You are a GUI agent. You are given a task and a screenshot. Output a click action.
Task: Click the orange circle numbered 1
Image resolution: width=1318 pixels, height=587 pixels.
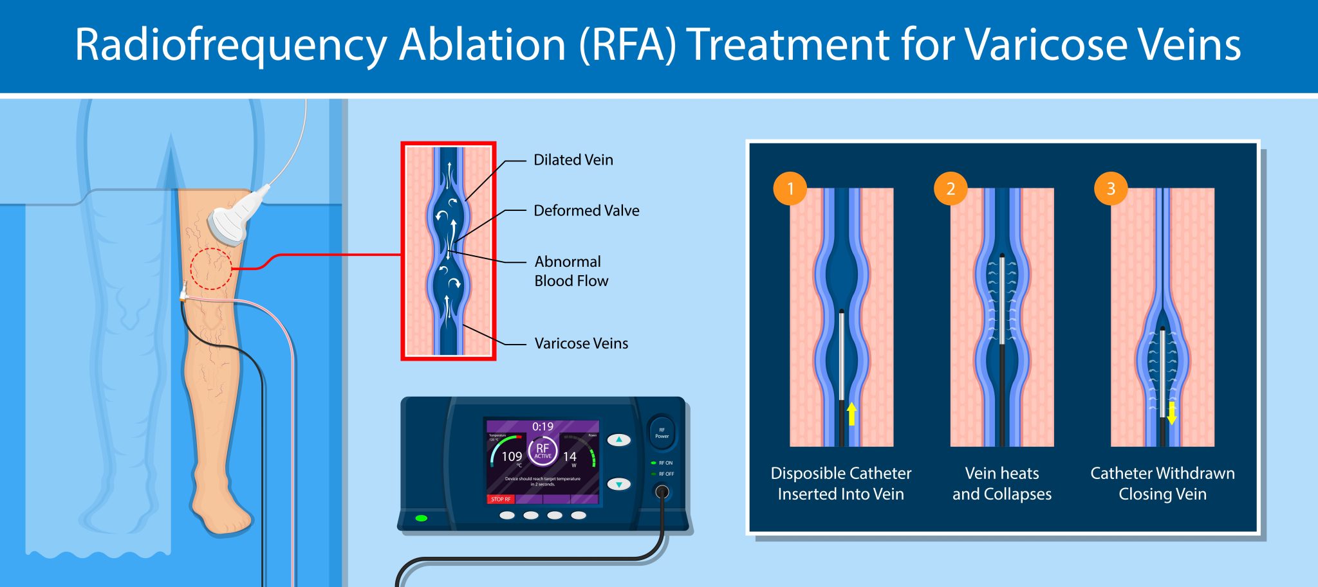(790, 188)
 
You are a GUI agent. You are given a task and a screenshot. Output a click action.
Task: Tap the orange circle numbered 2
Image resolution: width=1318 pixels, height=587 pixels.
(951, 188)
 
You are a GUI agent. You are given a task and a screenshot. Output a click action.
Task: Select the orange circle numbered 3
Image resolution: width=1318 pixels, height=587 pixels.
(1111, 188)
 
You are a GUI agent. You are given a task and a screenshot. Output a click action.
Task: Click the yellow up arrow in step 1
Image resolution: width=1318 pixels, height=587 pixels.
(851, 414)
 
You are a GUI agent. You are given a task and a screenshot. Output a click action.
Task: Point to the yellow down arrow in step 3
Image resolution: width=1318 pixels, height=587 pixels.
(1171, 413)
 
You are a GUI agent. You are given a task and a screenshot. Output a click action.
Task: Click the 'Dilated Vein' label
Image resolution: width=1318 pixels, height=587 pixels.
(573, 159)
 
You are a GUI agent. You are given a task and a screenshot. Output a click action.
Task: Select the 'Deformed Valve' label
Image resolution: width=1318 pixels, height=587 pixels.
(586, 210)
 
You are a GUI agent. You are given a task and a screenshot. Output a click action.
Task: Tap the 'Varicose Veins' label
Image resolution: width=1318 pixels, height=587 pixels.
(580, 343)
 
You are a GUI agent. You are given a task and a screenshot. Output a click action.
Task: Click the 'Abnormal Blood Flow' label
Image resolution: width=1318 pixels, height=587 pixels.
(571, 271)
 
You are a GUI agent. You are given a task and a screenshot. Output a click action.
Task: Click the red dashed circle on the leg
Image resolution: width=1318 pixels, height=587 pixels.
(210, 268)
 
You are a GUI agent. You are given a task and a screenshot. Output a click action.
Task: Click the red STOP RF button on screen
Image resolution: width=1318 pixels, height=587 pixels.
(501, 499)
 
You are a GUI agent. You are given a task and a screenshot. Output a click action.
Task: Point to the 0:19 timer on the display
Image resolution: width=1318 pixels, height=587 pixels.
(543, 426)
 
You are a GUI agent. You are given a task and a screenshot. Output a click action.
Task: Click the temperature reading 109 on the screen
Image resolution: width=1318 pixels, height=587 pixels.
(512, 456)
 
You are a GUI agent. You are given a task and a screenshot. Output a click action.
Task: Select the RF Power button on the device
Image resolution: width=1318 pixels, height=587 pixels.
(662, 433)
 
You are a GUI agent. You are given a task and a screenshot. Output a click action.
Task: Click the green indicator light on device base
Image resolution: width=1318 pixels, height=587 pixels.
(422, 518)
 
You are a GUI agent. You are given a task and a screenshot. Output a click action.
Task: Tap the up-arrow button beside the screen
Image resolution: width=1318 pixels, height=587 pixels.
(618, 440)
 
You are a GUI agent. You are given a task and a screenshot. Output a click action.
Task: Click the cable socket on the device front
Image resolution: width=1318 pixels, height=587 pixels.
(661, 492)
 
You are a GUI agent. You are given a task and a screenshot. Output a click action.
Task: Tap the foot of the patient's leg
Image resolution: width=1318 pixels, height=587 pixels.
(222, 514)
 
